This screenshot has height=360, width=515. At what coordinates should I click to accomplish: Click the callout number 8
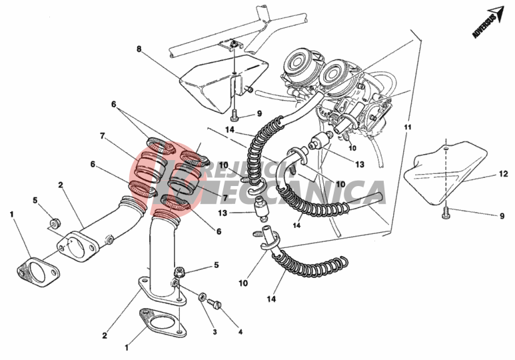click(139, 49)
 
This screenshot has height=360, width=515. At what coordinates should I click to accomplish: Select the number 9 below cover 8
click(259, 113)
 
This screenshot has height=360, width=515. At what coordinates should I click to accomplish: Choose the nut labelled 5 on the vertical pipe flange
click(179, 272)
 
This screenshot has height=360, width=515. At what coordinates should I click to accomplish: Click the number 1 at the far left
click(11, 214)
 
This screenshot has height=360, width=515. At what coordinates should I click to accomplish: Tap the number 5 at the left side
click(36, 200)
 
